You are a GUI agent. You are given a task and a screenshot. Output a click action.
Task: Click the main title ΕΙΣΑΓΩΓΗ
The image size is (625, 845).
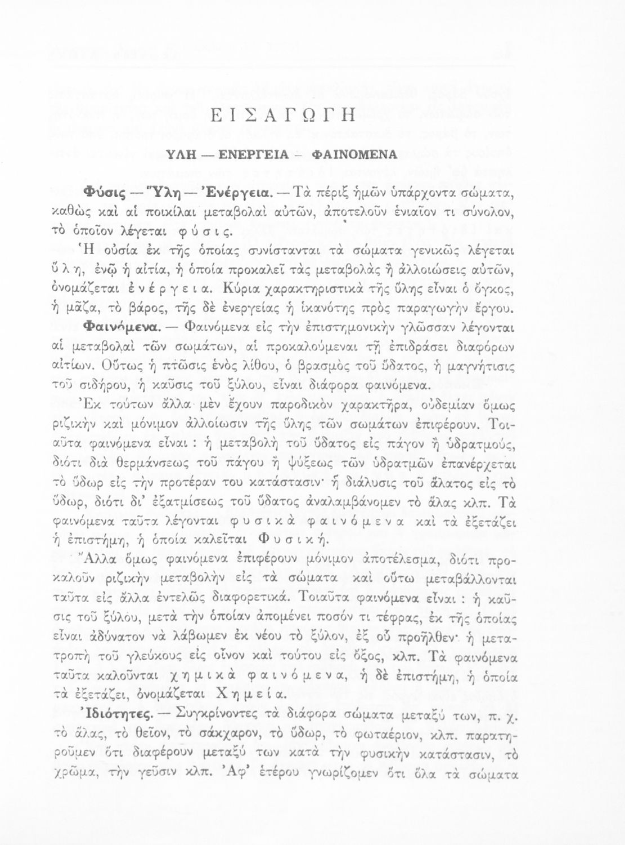tap(313, 119)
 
